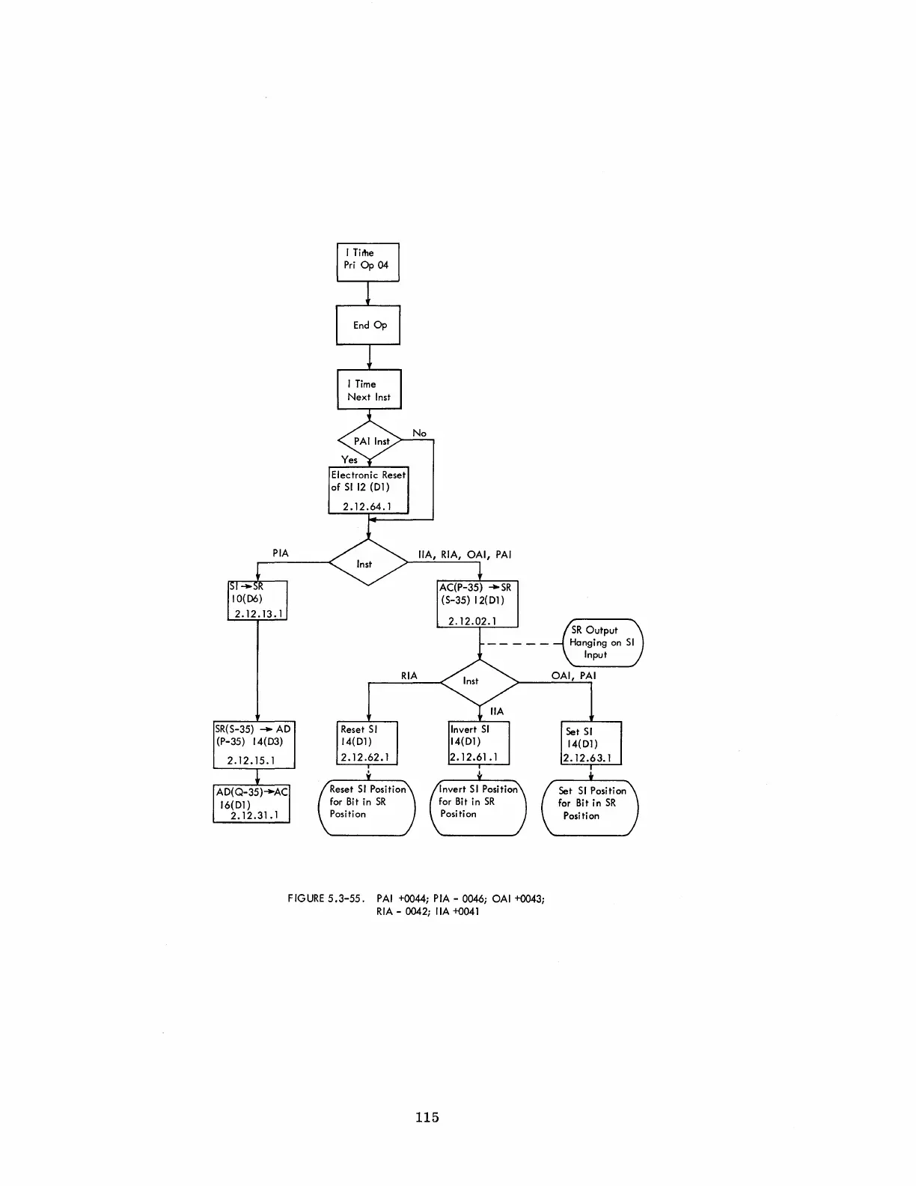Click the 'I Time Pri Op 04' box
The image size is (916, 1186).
click(x=367, y=262)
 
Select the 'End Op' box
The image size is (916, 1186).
click(x=368, y=325)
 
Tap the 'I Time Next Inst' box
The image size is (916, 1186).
click(x=369, y=389)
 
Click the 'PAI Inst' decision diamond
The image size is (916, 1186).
click(x=370, y=441)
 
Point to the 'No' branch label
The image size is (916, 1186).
click(x=419, y=433)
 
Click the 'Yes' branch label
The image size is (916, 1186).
click(x=349, y=460)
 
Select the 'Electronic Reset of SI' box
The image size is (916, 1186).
click(x=369, y=490)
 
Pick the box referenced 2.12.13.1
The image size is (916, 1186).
click(x=257, y=600)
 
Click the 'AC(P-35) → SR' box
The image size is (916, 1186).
click(x=477, y=603)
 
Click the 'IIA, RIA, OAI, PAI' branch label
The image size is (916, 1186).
click(x=464, y=555)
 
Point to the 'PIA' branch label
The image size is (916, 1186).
click(x=280, y=553)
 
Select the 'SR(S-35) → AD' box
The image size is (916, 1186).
click(x=254, y=745)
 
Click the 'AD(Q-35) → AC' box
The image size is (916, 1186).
click(x=251, y=803)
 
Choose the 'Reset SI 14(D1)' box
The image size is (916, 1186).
click(x=367, y=743)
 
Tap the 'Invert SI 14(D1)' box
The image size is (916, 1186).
click(x=479, y=743)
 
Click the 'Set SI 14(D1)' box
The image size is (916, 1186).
click(x=591, y=743)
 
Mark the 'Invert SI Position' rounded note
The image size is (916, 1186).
click(x=479, y=808)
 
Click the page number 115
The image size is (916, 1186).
click(x=427, y=1117)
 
